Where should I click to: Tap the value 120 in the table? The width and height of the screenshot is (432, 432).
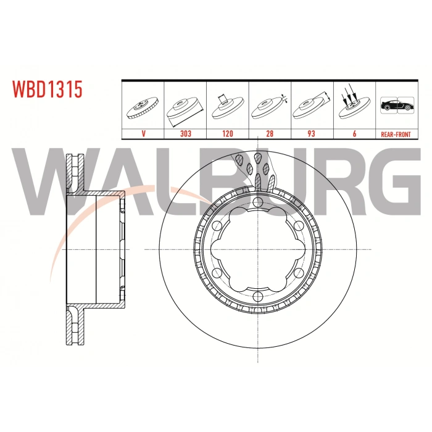click(228, 133)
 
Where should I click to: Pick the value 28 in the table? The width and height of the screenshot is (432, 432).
click(269, 133)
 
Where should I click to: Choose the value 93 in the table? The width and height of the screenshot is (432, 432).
click(311, 133)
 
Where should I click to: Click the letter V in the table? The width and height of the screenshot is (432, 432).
click(143, 133)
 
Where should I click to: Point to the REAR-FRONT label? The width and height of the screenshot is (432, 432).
click(396, 133)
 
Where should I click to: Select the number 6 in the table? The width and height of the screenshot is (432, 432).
click(354, 133)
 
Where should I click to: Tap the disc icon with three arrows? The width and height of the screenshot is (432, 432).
click(353, 105)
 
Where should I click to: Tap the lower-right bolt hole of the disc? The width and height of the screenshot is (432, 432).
click(297, 273)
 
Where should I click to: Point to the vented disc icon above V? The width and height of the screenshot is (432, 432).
click(143, 107)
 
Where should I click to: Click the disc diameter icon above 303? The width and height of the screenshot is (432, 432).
click(186, 107)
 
